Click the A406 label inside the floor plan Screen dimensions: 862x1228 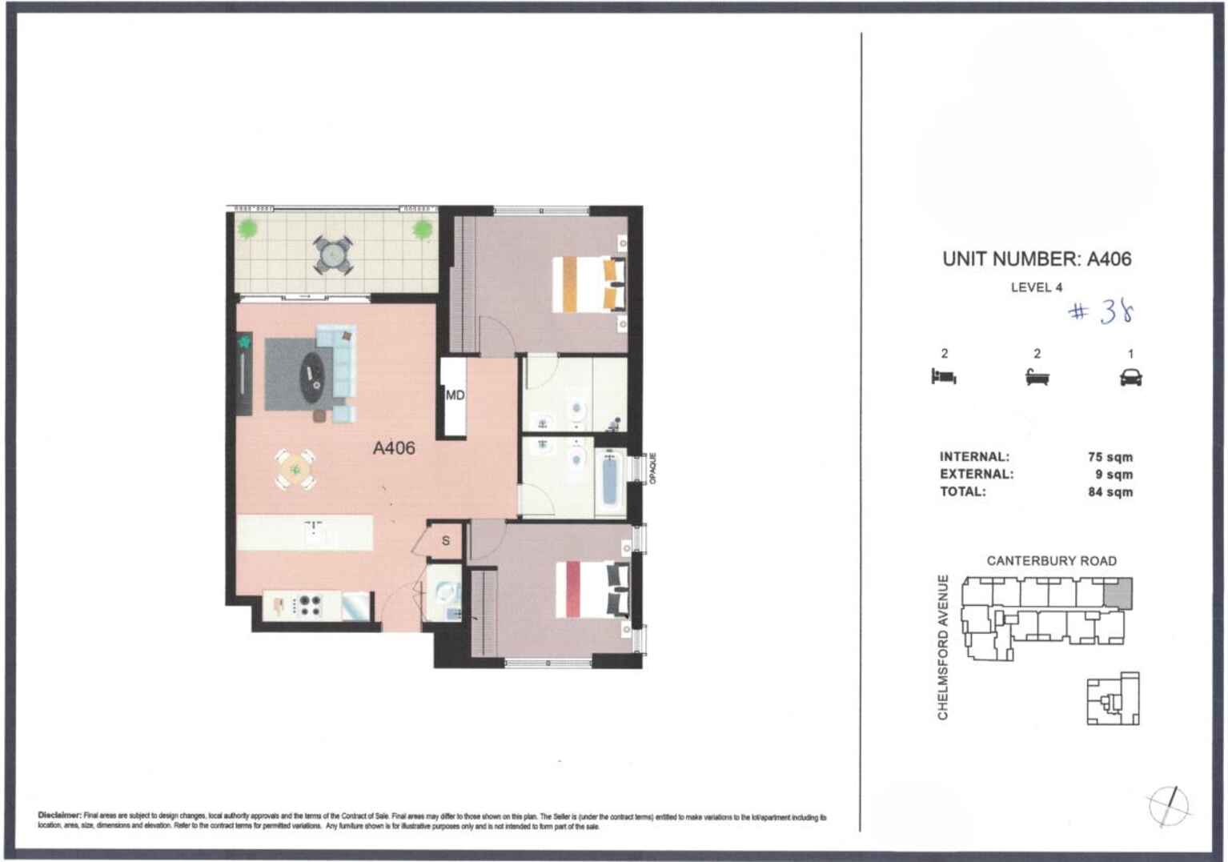click(394, 448)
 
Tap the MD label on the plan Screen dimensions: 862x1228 click(455, 395)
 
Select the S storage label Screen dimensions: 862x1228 click(446, 541)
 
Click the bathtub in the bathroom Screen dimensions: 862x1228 click(609, 479)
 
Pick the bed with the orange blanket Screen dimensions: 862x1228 click(588, 283)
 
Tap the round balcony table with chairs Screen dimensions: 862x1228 click(332, 255)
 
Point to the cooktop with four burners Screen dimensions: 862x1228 click(307, 606)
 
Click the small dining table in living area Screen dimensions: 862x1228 click(295, 469)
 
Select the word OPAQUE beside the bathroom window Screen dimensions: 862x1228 click(652, 468)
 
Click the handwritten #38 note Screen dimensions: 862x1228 click(1102, 311)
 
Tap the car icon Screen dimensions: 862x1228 click(1130, 377)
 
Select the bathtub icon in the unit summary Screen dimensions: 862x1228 click(1037, 377)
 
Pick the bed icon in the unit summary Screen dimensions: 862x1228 click(944, 376)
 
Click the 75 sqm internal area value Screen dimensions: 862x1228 click(1110, 457)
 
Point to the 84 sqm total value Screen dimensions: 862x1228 click(1110, 492)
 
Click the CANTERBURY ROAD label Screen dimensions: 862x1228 click(1051, 561)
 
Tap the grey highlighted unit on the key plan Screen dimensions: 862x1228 click(1118, 593)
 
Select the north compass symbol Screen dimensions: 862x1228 click(1169, 804)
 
